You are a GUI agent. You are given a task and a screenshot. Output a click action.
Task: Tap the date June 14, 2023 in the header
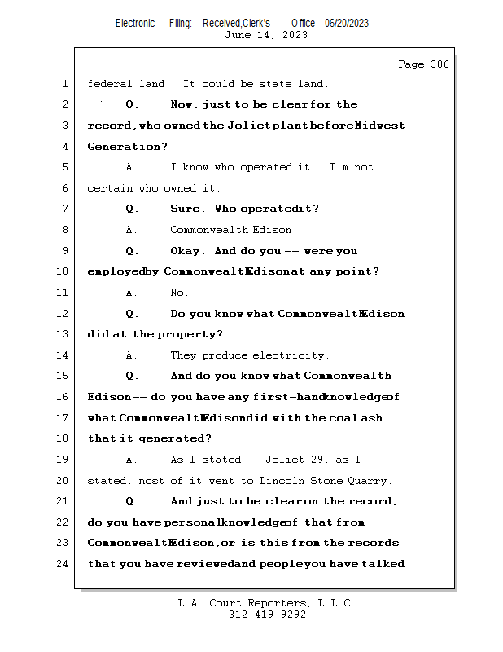265,35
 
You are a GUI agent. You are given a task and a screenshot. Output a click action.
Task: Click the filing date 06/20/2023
347,24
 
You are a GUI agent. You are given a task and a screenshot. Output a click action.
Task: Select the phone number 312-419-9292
267,615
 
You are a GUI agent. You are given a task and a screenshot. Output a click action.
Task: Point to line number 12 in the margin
64,314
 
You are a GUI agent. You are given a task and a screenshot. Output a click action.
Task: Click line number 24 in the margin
64,564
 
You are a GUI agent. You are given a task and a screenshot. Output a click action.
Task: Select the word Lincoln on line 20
300,480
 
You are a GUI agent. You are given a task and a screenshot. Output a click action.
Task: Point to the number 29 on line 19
308,460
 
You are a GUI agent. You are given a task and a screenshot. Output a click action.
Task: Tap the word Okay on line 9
186,251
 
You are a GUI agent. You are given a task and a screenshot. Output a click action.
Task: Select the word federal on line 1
109,84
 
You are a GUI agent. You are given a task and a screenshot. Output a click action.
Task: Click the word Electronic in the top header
135,24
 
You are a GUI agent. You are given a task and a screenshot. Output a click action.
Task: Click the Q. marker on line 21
132,501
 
